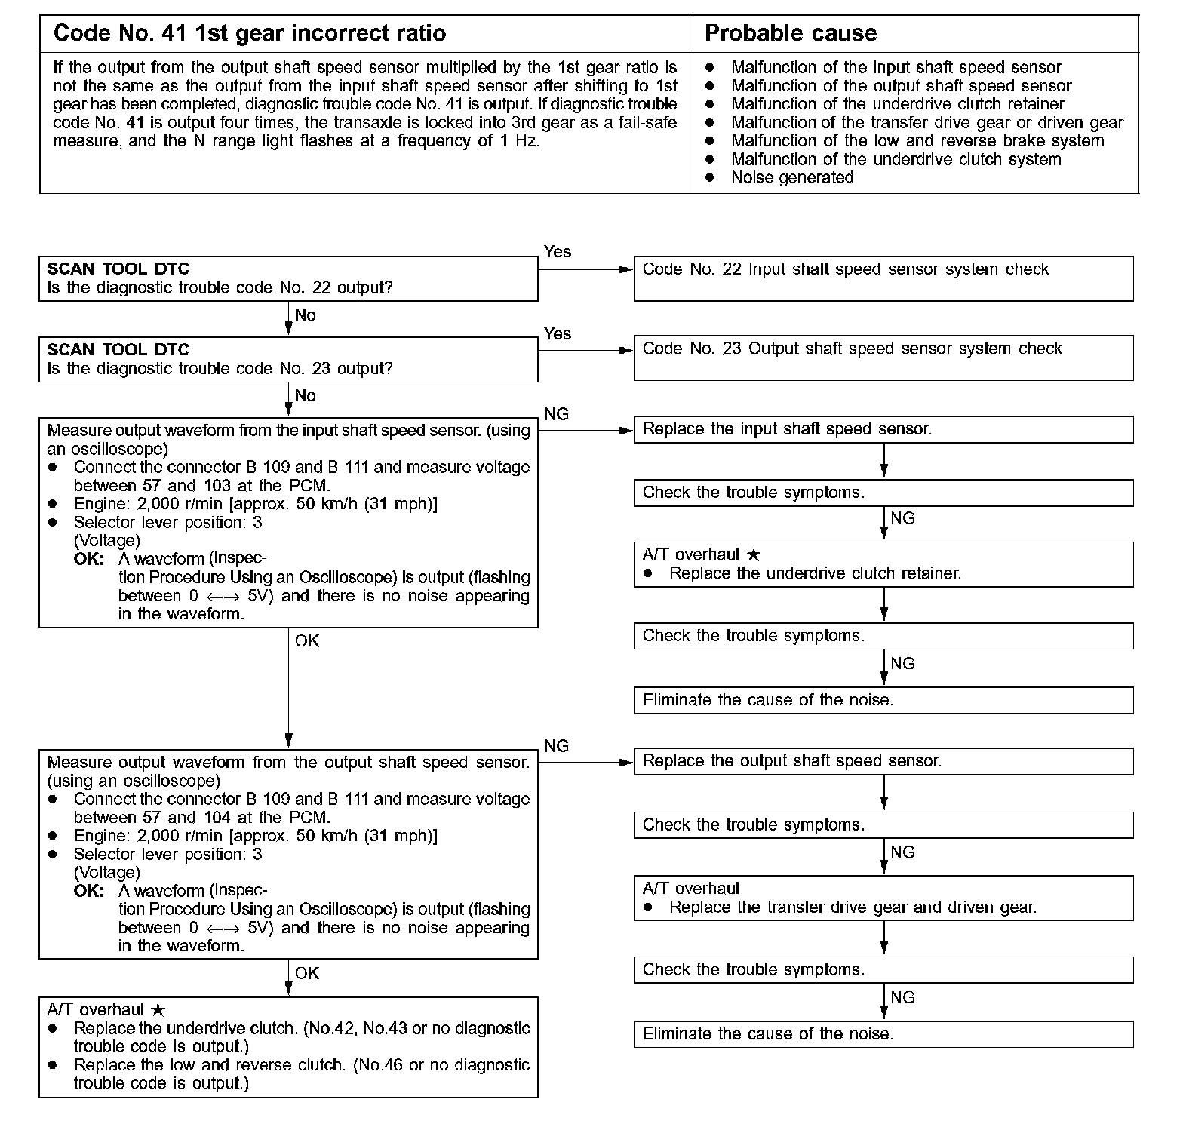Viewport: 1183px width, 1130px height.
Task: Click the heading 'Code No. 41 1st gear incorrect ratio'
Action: point(250,34)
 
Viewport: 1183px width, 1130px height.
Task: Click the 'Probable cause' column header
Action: point(790,34)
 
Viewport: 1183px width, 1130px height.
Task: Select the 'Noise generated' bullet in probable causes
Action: point(792,178)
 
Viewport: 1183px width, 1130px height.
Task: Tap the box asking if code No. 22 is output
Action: point(288,278)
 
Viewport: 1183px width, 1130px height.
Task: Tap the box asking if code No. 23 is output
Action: point(288,359)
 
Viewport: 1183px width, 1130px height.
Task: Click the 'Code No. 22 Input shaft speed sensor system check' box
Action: point(883,278)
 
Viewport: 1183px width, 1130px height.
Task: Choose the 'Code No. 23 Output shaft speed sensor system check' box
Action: point(883,358)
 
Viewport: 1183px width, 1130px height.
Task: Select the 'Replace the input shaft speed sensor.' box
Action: point(883,429)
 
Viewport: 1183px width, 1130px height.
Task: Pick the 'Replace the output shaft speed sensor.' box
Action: point(883,761)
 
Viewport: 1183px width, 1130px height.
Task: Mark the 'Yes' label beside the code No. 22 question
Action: point(558,252)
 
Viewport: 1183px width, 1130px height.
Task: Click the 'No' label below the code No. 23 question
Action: point(305,396)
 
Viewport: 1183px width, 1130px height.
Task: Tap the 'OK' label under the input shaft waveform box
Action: point(307,641)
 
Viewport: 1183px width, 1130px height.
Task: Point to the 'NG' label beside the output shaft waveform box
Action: point(557,746)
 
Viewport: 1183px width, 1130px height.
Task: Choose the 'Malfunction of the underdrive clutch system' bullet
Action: point(896,160)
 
